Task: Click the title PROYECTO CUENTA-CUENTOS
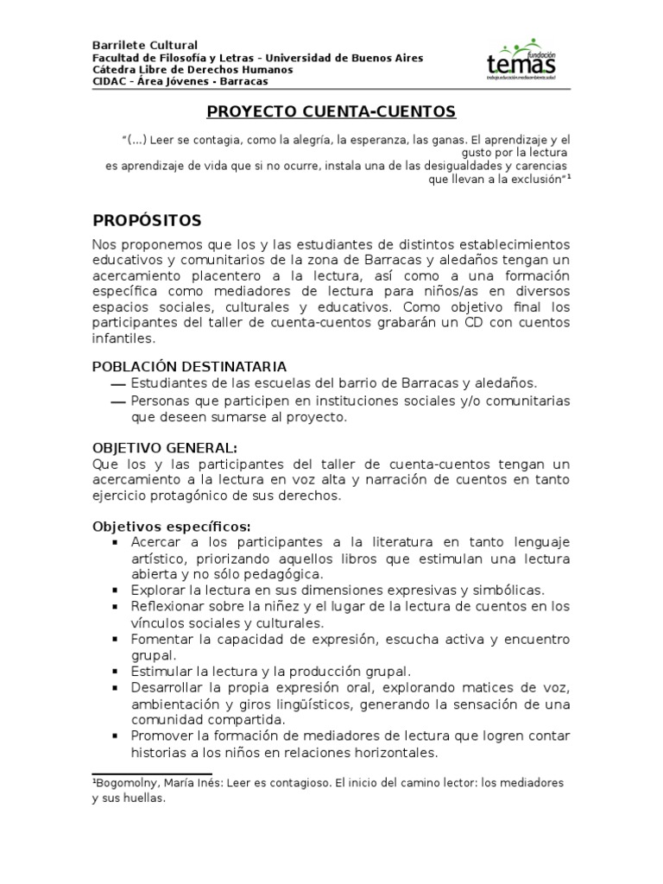pyautogui.click(x=331, y=112)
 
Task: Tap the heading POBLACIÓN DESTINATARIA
pyautogui.click(x=189, y=366)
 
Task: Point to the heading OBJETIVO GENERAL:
pyautogui.click(x=164, y=447)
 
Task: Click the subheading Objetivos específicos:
pyautogui.click(x=172, y=526)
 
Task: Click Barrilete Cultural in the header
pyautogui.click(x=145, y=45)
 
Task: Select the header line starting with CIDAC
pyautogui.click(x=180, y=81)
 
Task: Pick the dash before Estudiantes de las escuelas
pyautogui.click(x=118, y=384)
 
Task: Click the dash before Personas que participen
pyautogui.click(x=118, y=402)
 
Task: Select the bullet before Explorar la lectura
pyautogui.click(x=115, y=590)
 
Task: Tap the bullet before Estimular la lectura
pyautogui.click(x=115, y=671)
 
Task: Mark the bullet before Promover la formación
pyautogui.click(x=115, y=736)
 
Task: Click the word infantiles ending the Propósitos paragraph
pyautogui.click(x=123, y=339)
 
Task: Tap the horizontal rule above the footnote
pyautogui.click(x=152, y=773)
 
